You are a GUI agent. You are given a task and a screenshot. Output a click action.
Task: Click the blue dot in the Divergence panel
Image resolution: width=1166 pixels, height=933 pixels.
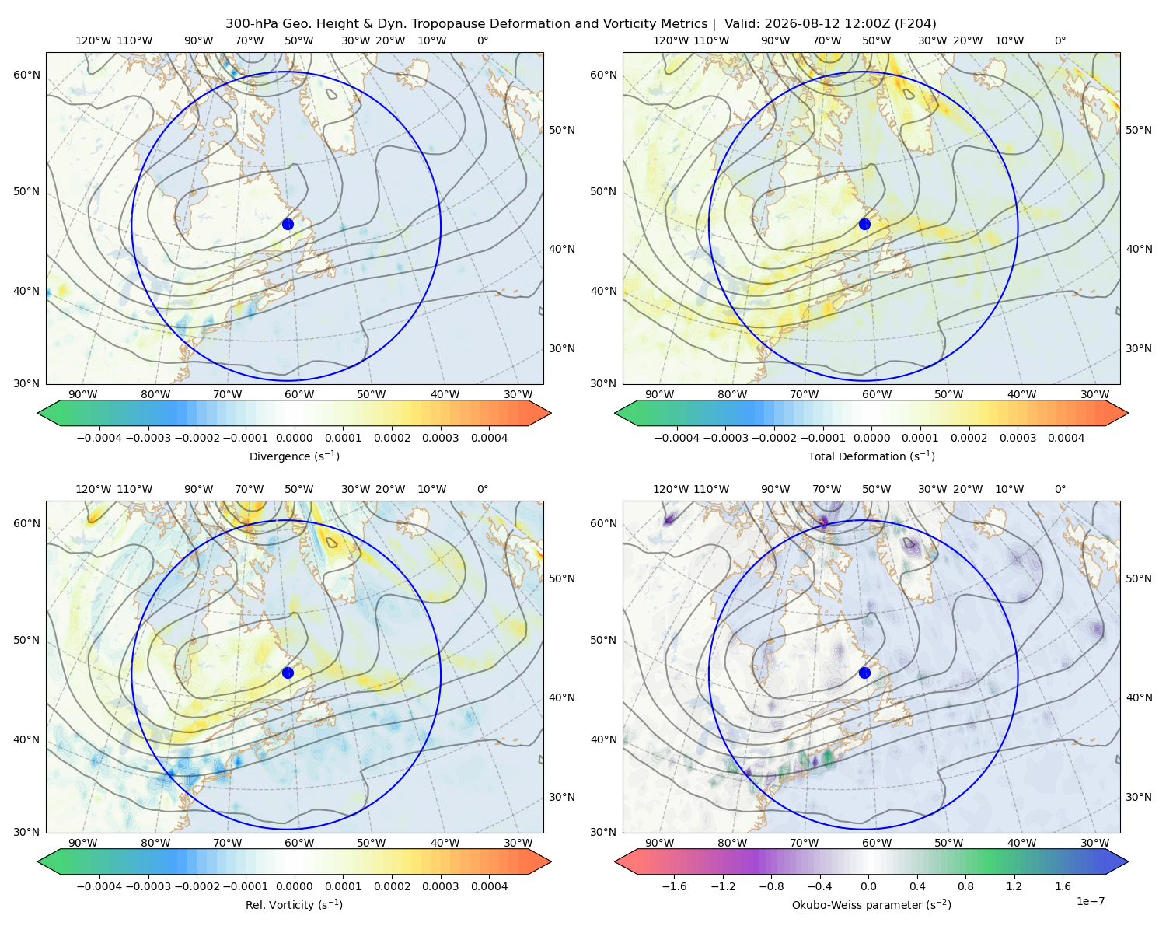288,224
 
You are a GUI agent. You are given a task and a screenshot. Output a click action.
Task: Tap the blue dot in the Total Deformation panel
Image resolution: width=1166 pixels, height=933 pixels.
864,224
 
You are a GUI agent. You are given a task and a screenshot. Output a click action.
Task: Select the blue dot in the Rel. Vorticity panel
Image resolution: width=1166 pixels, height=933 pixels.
288,673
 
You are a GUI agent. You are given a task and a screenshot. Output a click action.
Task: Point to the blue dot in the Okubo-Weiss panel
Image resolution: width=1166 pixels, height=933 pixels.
864,673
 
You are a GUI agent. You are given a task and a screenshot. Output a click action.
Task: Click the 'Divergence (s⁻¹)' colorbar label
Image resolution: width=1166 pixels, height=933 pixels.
294,456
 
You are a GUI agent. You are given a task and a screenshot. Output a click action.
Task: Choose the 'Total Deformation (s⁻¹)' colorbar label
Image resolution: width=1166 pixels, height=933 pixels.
871,456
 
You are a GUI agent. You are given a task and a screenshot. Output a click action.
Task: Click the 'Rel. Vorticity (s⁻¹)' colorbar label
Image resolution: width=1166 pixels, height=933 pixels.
294,904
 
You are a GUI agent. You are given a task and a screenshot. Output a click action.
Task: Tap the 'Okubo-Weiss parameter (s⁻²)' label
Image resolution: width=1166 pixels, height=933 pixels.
871,904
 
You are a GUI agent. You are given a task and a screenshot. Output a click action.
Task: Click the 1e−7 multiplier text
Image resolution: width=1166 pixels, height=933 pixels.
1090,901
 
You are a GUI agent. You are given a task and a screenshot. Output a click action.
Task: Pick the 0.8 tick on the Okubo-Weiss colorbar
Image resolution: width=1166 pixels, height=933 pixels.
965,886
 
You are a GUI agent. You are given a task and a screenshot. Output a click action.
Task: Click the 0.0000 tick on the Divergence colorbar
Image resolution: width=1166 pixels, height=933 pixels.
294,438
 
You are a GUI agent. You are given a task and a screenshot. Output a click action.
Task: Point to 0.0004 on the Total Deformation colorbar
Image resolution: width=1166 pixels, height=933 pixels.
1066,438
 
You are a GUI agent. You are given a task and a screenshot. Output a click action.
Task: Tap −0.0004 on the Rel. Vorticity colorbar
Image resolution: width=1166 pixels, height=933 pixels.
99,886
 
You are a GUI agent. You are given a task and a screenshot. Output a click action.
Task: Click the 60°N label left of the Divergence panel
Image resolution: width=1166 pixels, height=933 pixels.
26,75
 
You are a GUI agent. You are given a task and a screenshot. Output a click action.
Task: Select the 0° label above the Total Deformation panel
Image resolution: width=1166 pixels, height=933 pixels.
1060,40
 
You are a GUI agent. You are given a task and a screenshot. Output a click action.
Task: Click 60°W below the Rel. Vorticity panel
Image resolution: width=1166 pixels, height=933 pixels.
299,843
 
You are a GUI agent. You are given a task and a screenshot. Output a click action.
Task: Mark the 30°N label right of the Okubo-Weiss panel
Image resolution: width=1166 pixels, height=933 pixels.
1138,797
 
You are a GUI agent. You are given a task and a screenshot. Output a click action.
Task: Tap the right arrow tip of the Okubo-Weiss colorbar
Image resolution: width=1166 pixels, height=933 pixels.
1128,861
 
